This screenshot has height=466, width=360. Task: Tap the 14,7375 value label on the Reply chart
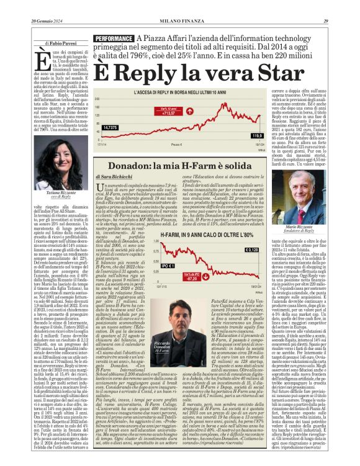tap(110, 127)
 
